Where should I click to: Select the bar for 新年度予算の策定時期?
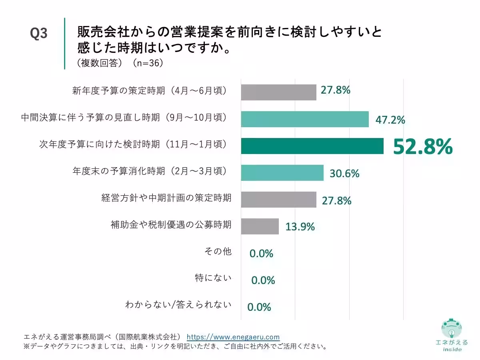pos(278,92)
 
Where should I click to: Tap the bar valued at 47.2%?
pos(304,119)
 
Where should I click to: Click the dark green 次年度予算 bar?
pos(312,146)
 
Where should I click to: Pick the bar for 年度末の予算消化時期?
pos(282,173)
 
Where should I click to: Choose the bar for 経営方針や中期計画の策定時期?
pos(278,200)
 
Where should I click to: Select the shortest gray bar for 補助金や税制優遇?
pos(260,226)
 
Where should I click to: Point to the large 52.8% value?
pos(423,147)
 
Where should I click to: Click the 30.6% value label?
pos(344,174)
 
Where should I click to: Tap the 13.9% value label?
pos(300,227)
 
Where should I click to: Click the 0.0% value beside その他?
pos(261,253)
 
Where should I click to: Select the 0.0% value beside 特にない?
pos(263,280)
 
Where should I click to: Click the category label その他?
pos(218,252)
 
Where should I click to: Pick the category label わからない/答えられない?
pos(178,305)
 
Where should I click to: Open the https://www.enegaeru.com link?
pos(233,337)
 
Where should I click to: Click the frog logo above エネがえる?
pos(452,329)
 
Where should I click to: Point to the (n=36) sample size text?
pos(147,64)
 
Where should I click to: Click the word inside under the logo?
pos(452,349)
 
